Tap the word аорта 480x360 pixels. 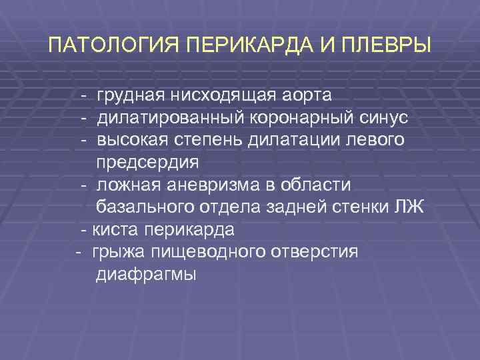pos(307,96)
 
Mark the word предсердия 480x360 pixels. pos(147,163)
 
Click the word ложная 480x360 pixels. pos(125,185)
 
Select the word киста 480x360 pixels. pos(115,230)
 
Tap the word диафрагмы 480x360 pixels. pos(146,274)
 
